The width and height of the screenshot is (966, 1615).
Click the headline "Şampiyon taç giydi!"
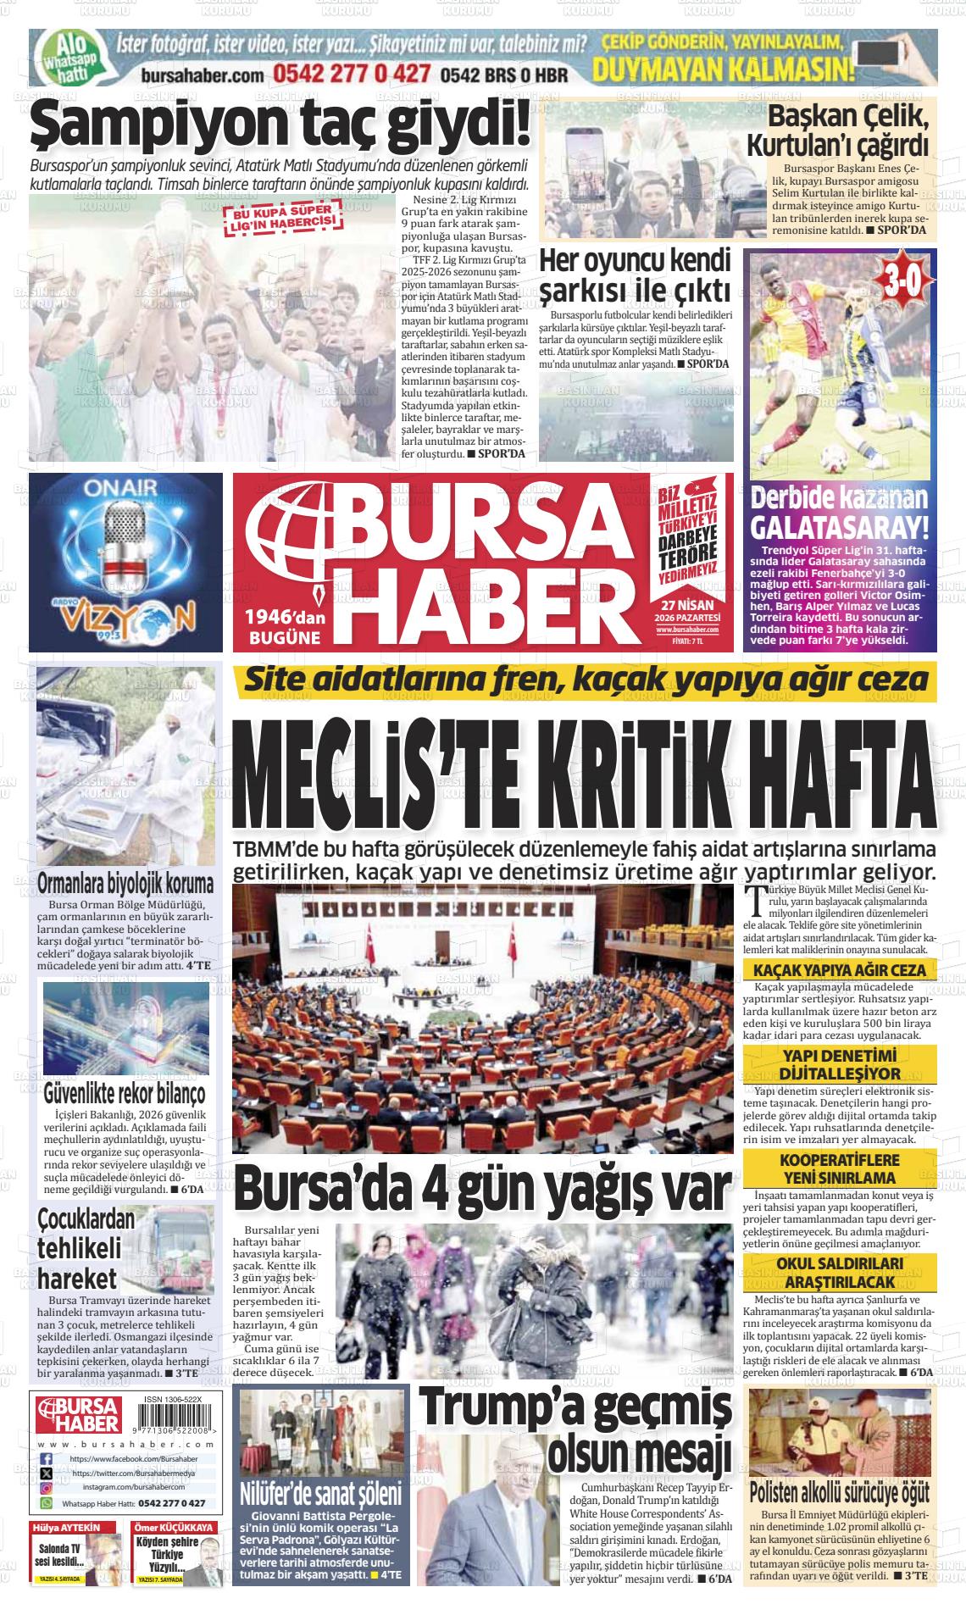[x=280, y=126]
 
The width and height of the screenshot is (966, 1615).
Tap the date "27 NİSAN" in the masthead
[x=686, y=605]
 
